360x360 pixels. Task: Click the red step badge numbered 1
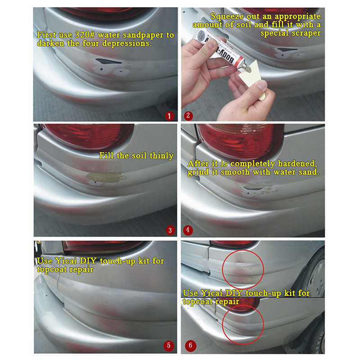tap(169, 116)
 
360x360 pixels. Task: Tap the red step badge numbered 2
tap(188, 116)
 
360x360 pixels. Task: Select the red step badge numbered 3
tap(170, 230)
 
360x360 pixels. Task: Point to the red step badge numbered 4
tap(188, 230)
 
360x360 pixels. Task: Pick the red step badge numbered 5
tap(169, 345)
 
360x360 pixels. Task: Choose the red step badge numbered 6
tap(190, 345)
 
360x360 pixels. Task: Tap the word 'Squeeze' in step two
tap(227, 17)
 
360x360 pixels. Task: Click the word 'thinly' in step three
tap(162, 156)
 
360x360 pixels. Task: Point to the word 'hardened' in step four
tap(297, 164)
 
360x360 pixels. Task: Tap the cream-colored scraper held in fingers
tap(254, 78)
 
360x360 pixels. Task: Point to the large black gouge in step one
tap(108, 61)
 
